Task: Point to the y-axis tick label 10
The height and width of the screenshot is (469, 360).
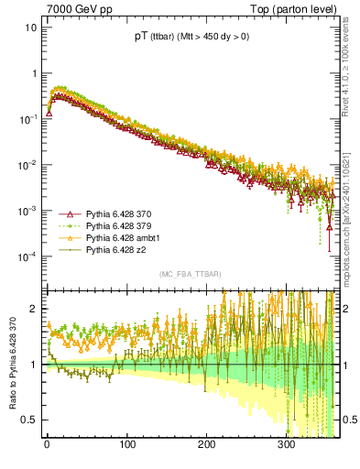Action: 30,27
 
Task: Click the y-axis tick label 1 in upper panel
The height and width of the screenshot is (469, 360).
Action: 34,73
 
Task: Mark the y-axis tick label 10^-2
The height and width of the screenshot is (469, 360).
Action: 27,165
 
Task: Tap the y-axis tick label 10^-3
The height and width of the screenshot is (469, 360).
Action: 27,211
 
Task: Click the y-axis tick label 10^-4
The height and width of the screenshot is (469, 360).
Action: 27,256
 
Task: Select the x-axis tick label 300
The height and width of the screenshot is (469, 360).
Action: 286,446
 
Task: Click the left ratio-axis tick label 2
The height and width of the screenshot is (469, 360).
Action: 34,309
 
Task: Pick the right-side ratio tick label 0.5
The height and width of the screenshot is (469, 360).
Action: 349,420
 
